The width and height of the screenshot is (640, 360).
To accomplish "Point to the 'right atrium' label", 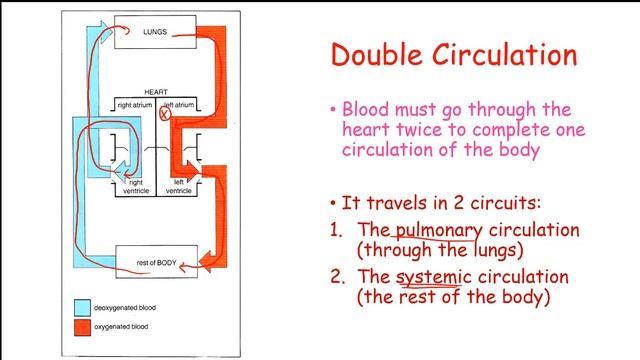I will (136, 104).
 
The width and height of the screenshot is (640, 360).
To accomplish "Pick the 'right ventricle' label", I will (136, 187).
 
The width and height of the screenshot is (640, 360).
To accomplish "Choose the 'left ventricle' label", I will (179, 187).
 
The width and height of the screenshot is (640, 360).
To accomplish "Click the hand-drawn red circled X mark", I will (166, 116).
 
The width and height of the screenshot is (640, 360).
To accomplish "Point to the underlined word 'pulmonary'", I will (433, 230).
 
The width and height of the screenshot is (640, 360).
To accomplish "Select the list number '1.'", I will (337, 230).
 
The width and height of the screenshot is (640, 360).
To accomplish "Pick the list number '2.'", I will (337, 277).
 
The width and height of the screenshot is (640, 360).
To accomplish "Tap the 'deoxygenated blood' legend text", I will (136, 308).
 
